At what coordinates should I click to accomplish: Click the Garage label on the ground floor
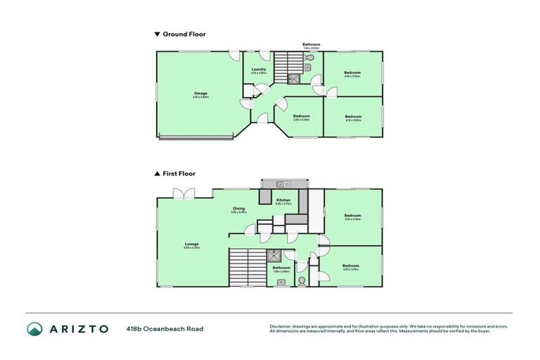pos(200,94)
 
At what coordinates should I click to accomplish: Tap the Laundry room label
pos(259,70)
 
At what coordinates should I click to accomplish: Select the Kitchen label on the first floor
pos(283,200)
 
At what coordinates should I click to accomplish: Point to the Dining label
pos(239,209)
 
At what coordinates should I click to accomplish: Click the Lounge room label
pos(192,245)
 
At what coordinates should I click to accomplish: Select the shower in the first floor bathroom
pos(278,257)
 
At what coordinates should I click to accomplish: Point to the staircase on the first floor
pos(245,267)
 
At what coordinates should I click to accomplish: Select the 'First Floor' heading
pos(179,173)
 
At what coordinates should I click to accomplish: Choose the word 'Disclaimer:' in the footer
pos(282,326)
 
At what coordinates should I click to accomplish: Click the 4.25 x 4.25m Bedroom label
pos(352,216)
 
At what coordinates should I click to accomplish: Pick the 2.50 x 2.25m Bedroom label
pos(302,116)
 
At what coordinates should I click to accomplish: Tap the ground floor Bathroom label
pos(311,44)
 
